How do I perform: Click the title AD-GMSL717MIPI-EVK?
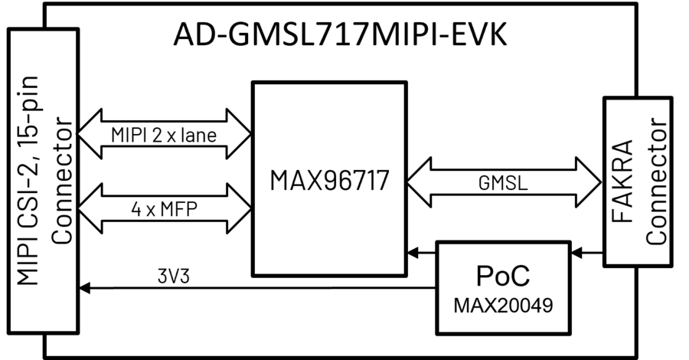tap(340, 34)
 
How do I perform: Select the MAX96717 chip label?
tap(329, 182)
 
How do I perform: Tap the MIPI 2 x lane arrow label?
tap(165, 136)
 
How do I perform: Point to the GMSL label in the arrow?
tap(503, 184)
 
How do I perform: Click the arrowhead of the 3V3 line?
tap(84, 288)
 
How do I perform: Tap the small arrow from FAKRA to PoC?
tap(586, 250)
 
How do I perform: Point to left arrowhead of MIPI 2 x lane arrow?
tap(89, 136)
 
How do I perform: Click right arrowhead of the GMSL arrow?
tap(590, 183)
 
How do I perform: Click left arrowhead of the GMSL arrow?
tap(416, 183)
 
